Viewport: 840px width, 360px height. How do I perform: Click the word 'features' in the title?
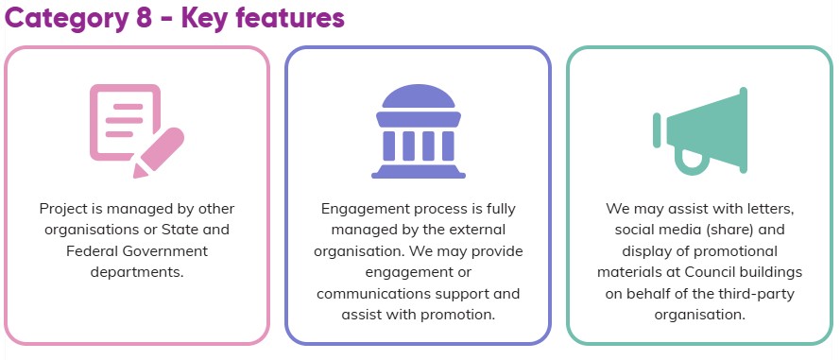point(290,17)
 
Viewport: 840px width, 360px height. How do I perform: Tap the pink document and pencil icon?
point(137,130)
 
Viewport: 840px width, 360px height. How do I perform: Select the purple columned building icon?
point(419,131)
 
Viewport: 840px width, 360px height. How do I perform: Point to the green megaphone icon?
point(699,130)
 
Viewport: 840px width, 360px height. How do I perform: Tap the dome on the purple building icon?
point(419,95)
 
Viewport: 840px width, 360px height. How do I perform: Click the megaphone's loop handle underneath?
point(692,163)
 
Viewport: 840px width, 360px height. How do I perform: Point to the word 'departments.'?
point(137,272)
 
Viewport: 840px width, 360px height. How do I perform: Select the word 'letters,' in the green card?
point(770,209)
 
